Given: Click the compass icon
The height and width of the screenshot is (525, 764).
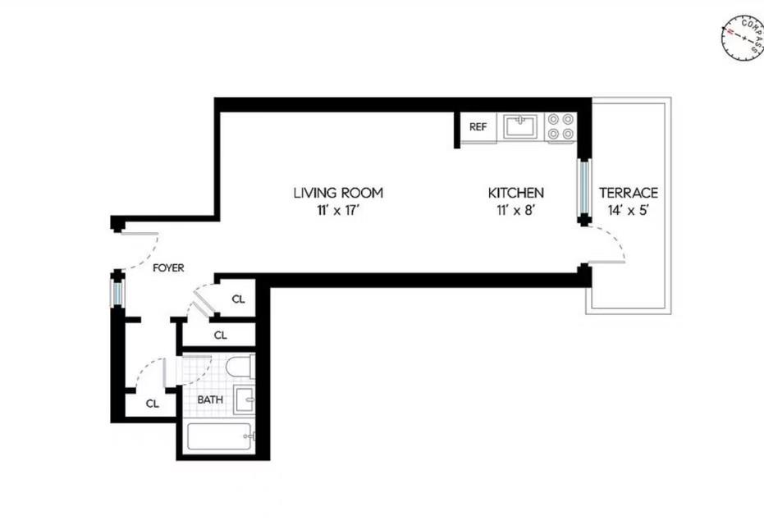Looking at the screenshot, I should [x=743, y=39].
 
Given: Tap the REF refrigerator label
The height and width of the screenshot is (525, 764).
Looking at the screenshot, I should [x=478, y=127].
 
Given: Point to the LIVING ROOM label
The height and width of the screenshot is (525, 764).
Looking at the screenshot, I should [x=338, y=193].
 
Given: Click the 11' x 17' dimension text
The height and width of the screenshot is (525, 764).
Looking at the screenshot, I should [x=338, y=210].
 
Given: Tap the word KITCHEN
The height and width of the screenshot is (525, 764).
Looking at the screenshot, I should [x=516, y=193].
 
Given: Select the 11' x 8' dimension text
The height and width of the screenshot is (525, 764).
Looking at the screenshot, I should [x=516, y=210].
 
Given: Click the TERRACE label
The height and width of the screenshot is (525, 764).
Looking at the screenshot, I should [x=628, y=193].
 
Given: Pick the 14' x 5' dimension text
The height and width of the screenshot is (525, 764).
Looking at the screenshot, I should [x=628, y=210].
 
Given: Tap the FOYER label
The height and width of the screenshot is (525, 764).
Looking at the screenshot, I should [x=167, y=267].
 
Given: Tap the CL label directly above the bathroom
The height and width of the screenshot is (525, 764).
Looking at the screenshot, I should [x=220, y=335].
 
